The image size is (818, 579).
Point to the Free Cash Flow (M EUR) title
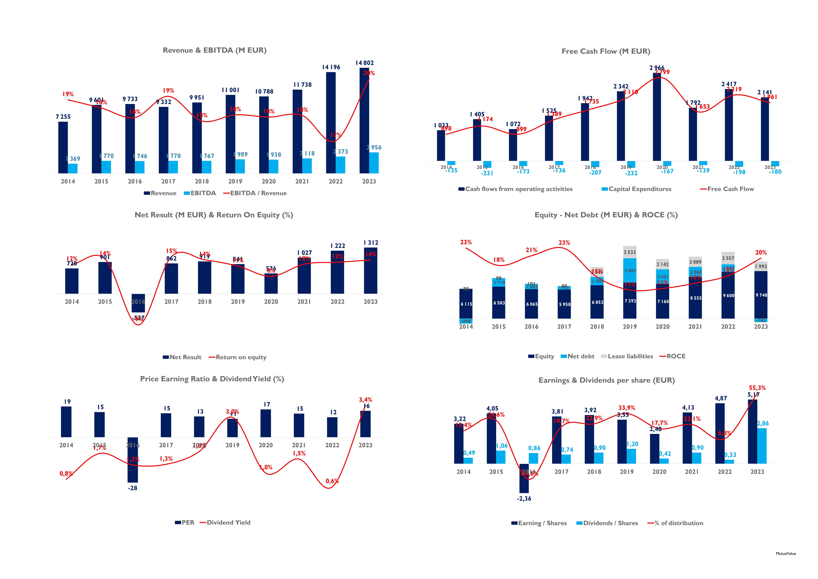click(606, 51)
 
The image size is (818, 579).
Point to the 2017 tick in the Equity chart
click(564, 327)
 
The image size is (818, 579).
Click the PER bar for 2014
click(66, 422)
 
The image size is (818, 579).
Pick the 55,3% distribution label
click(757, 388)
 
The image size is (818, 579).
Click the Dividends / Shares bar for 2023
click(762, 446)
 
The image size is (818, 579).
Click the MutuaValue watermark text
click(786, 554)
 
